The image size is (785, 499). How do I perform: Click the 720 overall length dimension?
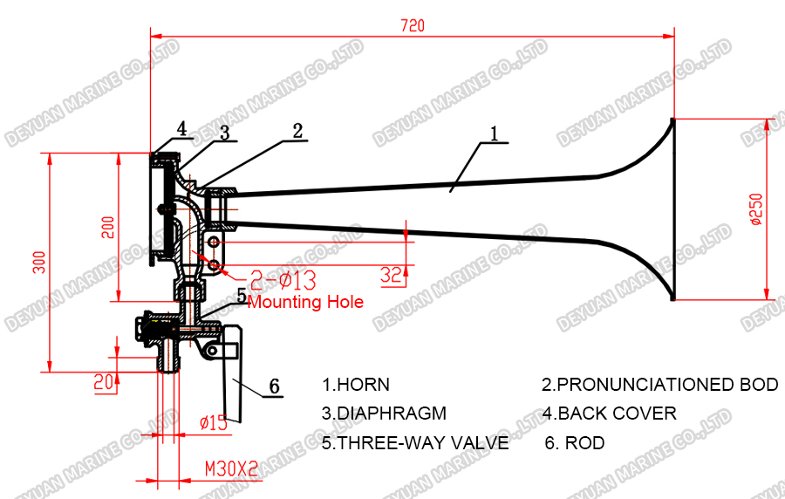413,26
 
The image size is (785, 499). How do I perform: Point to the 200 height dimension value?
108,228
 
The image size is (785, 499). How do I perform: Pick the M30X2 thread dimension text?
231,468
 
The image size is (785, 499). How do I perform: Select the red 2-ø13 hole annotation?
283,280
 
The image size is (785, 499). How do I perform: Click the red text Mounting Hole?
305,302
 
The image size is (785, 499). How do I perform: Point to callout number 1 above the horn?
494,133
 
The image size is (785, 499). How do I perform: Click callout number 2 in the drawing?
297,131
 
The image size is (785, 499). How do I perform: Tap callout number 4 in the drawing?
181,129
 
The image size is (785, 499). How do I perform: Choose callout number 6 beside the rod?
274,385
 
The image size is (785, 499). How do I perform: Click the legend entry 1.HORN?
356,385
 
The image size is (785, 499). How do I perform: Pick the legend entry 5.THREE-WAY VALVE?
415,443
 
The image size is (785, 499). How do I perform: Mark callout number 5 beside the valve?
242,295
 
